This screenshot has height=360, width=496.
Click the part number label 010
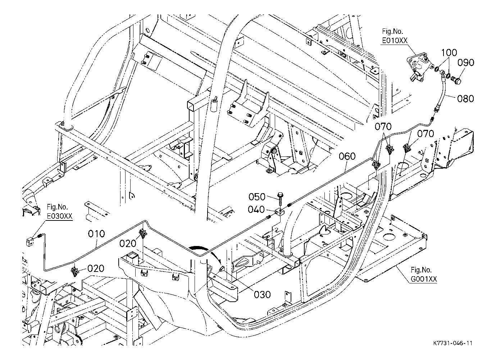(97, 234)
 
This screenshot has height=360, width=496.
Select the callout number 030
(262, 295)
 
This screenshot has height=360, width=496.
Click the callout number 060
(347, 156)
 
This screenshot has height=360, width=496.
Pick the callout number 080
(465, 98)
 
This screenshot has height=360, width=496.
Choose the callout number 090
(466, 63)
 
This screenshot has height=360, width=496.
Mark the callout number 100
(449, 53)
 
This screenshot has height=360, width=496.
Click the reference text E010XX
(395, 41)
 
